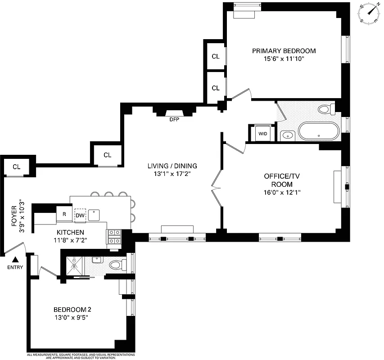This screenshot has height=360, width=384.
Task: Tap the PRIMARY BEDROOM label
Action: pyautogui.click(x=284, y=51)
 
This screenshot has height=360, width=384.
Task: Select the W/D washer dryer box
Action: pyautogui.click(x=262, y=134)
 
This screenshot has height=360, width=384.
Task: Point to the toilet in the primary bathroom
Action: pyautogui.click(x=325, y=109)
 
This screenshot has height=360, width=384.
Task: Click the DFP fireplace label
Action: pyautogui.click(x=174, y=120)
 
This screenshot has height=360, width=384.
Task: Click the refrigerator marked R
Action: pyautogui.click(x=64, y=215)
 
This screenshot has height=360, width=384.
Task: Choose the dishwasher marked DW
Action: pyautogui.click(x=80, y=216)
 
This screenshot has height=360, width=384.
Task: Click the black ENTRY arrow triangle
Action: pyautogui.click(x=15, y=259)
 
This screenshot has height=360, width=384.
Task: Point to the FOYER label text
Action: pyautogui.click(x=14, y=216)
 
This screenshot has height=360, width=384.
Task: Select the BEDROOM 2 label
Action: pyautogui.click(x=72, y=310)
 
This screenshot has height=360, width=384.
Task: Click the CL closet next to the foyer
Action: pyautogui.click(x=17, y=166)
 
